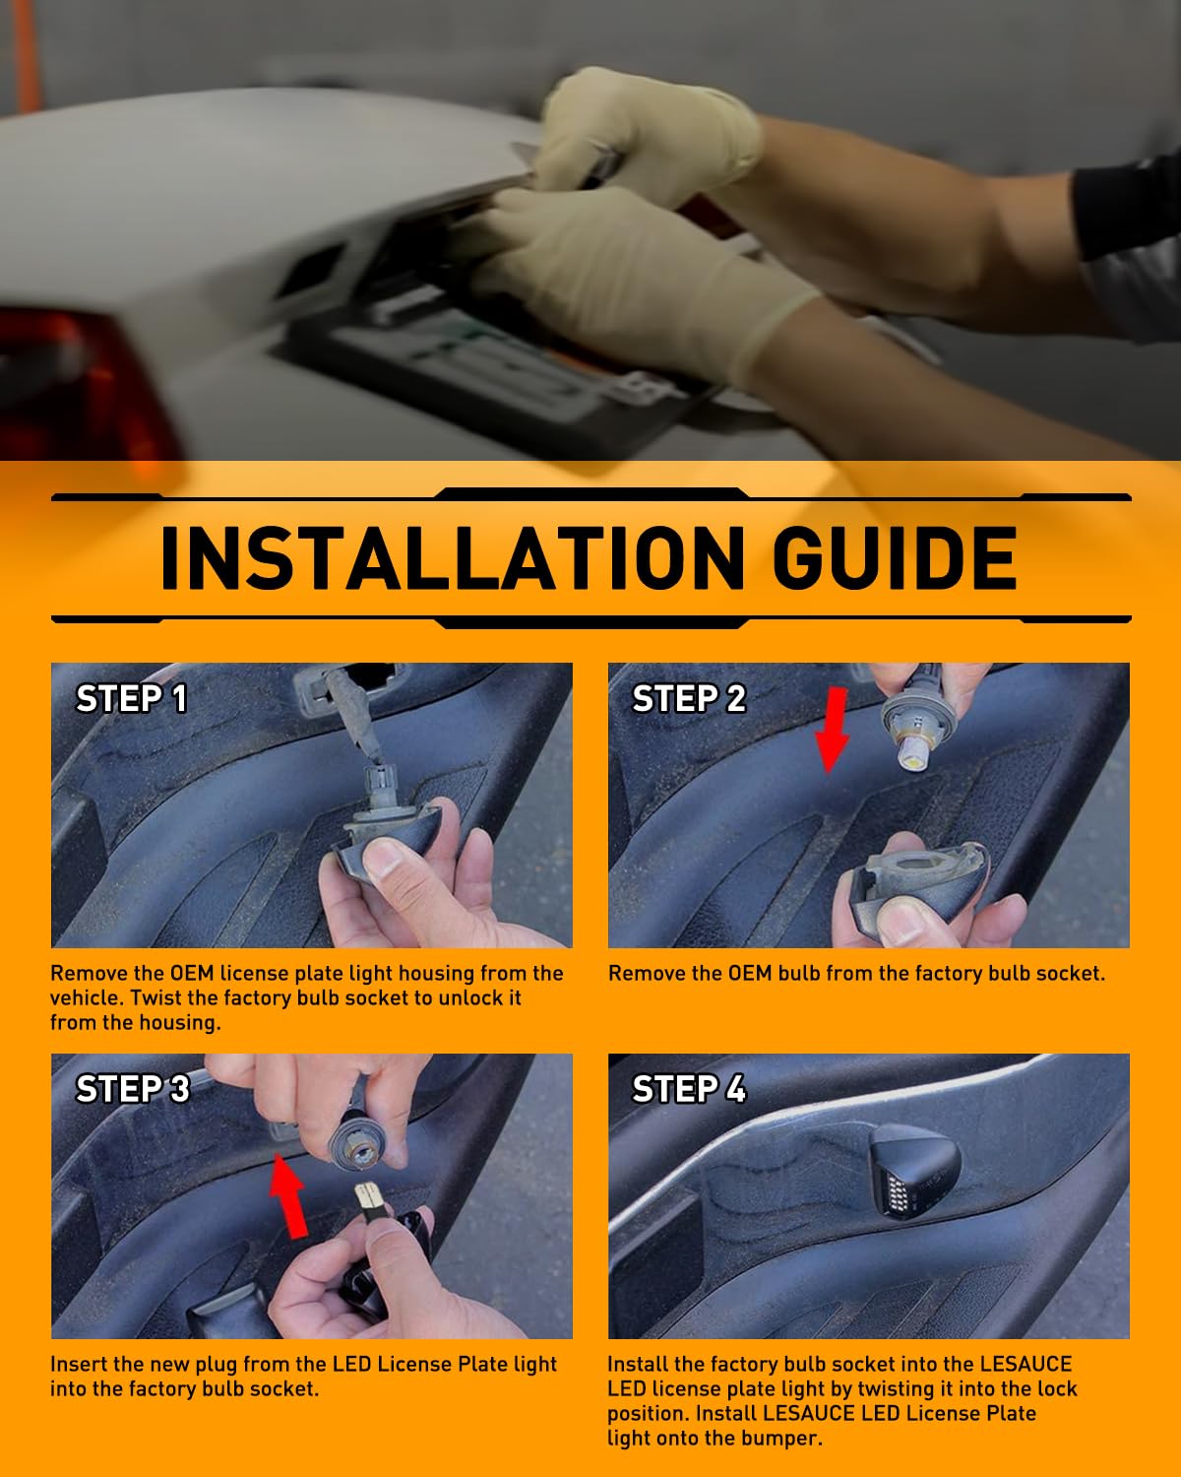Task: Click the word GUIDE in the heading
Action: click(x=895, y=558)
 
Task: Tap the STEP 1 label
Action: click(x=131, y=699)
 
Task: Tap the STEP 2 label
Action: click(x=688, y=699)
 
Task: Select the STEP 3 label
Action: click(x=133, y=1089)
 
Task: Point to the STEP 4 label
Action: click(x=688, y=1089)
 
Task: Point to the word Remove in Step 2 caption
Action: click(x=646, y=973)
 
